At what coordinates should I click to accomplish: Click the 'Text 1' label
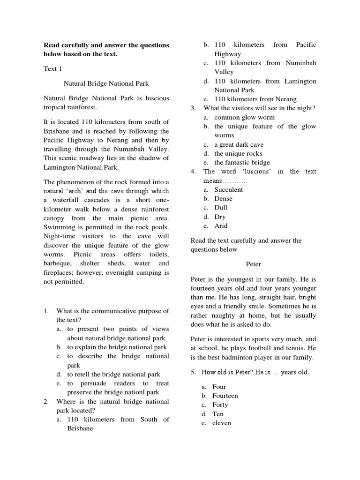tap(53, 69)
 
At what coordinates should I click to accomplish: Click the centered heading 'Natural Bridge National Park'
tap(106, 83)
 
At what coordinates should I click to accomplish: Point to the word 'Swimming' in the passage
tap(58, 227)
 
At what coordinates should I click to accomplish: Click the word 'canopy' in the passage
tap(56, 218)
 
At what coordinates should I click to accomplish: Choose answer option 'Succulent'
tap(228, 189)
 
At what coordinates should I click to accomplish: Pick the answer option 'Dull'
tap(221, 208)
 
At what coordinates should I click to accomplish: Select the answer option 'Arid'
tap(221, 225)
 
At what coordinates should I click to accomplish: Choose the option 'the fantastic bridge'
tap(242, 163)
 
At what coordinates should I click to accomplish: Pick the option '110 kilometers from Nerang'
tap(255, 99)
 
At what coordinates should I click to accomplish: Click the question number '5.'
tap(194, 373)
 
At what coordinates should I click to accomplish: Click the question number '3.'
tap(193, 108)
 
